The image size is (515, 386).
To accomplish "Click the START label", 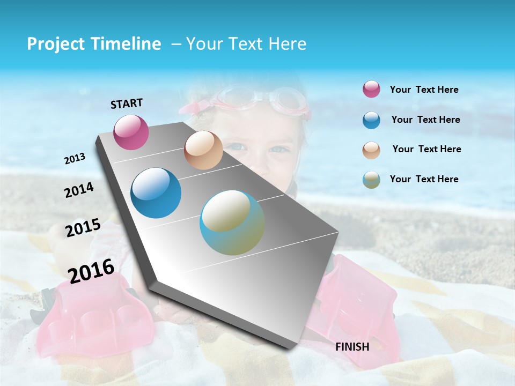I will pos(127,103).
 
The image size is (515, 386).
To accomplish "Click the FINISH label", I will pos(352,347).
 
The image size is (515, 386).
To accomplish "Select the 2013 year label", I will pos(75,158).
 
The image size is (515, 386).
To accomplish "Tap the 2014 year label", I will pos(79,190).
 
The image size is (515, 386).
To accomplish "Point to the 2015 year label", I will pos(83,228).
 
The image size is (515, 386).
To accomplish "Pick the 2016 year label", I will pos(91,270).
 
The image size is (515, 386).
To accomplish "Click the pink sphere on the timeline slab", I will pos(131,132).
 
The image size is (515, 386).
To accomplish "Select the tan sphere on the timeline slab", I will pos(203,150).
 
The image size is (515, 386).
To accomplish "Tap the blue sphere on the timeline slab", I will pos(156,193).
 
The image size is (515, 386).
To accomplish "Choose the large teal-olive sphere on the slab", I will pos(232,222).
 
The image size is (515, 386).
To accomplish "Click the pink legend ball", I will pos(371,89).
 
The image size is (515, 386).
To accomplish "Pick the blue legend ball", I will pos(371,120).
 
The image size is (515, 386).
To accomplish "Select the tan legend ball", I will pos(371,150).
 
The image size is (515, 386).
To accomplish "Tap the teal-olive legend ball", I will pos(371,180).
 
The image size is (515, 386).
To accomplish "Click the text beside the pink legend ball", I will pos(424,90).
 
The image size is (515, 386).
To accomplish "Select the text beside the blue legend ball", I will pos(425,120).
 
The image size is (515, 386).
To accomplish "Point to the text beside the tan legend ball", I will pos(426,149).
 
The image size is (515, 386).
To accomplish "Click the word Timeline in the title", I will pos(127,44).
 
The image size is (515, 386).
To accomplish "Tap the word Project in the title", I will pos(54,44).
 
